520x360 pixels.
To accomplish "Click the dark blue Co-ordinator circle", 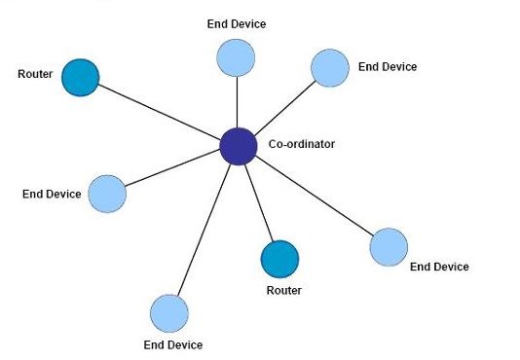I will click(238, 146).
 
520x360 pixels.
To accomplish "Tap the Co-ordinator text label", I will click(301, 145).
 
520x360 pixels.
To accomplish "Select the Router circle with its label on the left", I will click(80, 78).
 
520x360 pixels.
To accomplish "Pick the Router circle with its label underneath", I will click(279, 259).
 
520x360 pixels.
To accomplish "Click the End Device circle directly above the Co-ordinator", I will click(237, 57).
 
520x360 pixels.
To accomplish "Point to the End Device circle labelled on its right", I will click(329, 67).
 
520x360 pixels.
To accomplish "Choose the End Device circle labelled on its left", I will click(107, 194).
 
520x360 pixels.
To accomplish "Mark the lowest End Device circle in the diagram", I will click(168, 313).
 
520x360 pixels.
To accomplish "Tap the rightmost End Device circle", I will click(389, 247).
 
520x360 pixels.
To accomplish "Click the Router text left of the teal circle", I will click(35, 73).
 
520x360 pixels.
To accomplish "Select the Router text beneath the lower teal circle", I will click(284, 290).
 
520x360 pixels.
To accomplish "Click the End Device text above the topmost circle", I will click(237, 23).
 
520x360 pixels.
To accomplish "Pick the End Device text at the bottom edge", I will click(173, 344).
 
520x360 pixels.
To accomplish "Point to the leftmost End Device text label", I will click(52, 194).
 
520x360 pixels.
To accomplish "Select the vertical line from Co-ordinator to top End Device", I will click(238, 102).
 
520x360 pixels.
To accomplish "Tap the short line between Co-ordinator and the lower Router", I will click(258, 201).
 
